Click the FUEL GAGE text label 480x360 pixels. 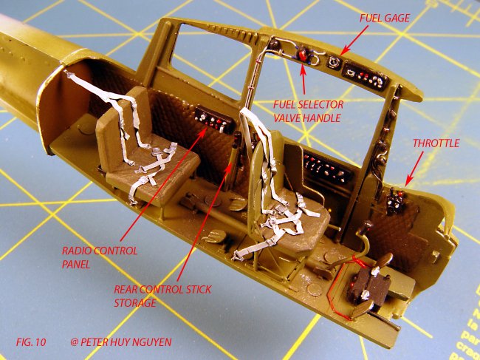click(x=384, y=18)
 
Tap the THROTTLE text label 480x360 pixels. click(x=436, y=143)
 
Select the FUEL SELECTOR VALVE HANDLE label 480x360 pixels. click(x=308, y=111)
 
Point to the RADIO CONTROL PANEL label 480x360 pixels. click(x=100, y=257)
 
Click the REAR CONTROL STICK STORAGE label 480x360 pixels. click(x=162, y=296)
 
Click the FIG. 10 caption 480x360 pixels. click(x=31, y=342)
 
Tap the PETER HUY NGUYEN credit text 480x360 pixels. click(x=121, y=342)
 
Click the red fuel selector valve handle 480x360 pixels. click(x=303, y=55)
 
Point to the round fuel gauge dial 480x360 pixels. click(x=333, y=62)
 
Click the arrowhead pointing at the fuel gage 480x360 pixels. click(x=343, y=52)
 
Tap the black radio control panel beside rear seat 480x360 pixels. click(x=215, y=120)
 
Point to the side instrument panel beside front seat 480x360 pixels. click(x=327, y=169)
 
